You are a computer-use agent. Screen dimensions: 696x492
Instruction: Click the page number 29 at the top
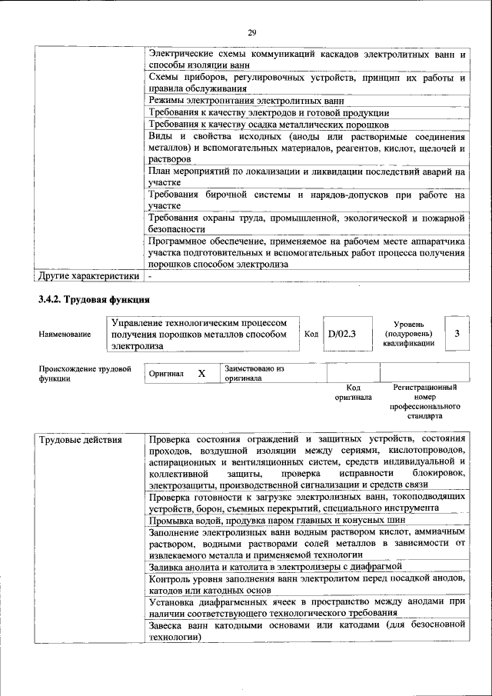click(251, 32)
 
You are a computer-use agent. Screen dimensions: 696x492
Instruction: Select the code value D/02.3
click(341, 334)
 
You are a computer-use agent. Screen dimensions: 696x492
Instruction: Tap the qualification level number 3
click(457, 333)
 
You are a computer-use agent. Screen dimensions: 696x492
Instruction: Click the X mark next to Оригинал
click(201, 373)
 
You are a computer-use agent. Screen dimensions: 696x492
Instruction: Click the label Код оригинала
click(353, 393)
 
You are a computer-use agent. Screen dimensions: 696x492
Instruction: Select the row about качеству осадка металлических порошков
click(269, 125)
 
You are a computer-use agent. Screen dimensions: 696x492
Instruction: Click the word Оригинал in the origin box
click(166, 374)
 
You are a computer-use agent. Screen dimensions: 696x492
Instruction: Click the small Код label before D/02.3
click(311, 335)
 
